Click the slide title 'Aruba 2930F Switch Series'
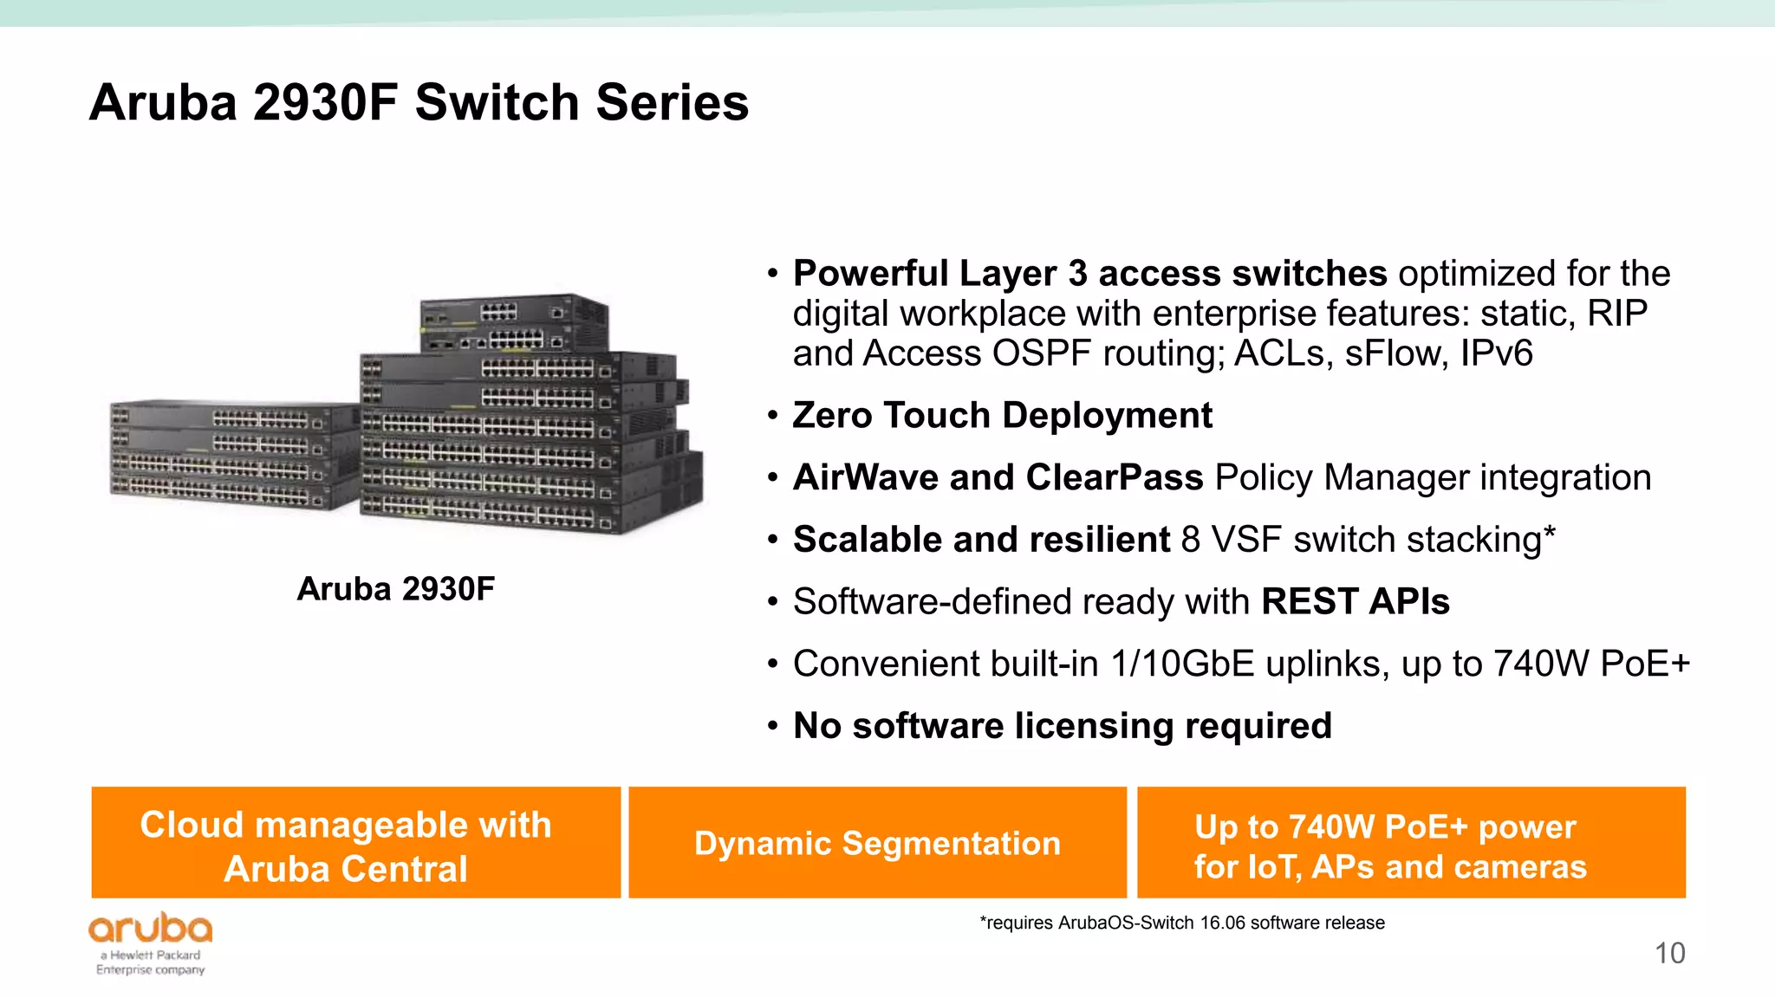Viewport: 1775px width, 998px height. coord(419,102)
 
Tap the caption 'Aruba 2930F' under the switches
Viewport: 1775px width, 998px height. coord(395,589)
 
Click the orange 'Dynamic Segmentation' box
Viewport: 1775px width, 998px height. coord(877,843)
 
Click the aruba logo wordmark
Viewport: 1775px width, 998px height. coord(150,929)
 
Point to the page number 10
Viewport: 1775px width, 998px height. coord(1669,953)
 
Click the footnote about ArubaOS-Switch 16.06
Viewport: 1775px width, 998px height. coord(1182,923)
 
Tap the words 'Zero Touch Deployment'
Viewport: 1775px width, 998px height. coord(1002,416)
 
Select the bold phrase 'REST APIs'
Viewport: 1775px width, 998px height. coord(1355,602)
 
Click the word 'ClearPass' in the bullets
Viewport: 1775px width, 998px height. coord(1115,478)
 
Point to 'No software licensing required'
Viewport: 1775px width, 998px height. coord(1062,726)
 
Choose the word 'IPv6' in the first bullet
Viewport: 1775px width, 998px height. coord(1496,353)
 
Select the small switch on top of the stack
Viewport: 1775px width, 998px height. coord(513,322)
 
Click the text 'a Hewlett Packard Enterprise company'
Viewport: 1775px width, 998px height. coord(150,962)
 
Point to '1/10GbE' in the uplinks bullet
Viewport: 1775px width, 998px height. coord(1182,664)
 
